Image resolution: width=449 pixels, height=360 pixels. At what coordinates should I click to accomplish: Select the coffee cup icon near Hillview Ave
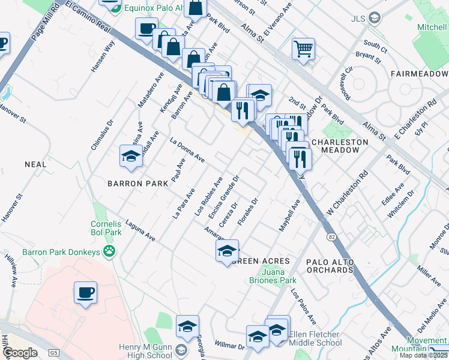click(x=85, y=293)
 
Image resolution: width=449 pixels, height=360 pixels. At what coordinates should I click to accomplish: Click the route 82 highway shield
click(x=331, y=237)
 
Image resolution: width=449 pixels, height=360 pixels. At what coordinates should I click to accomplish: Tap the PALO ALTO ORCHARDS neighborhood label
click(x=330, y=266)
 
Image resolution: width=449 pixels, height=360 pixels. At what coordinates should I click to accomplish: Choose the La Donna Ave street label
click(x=188, y=151)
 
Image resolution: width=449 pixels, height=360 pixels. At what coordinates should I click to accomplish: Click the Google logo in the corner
click(x=20, y=353)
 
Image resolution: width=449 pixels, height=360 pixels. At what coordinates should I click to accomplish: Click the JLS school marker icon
click(x=376, y=18)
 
